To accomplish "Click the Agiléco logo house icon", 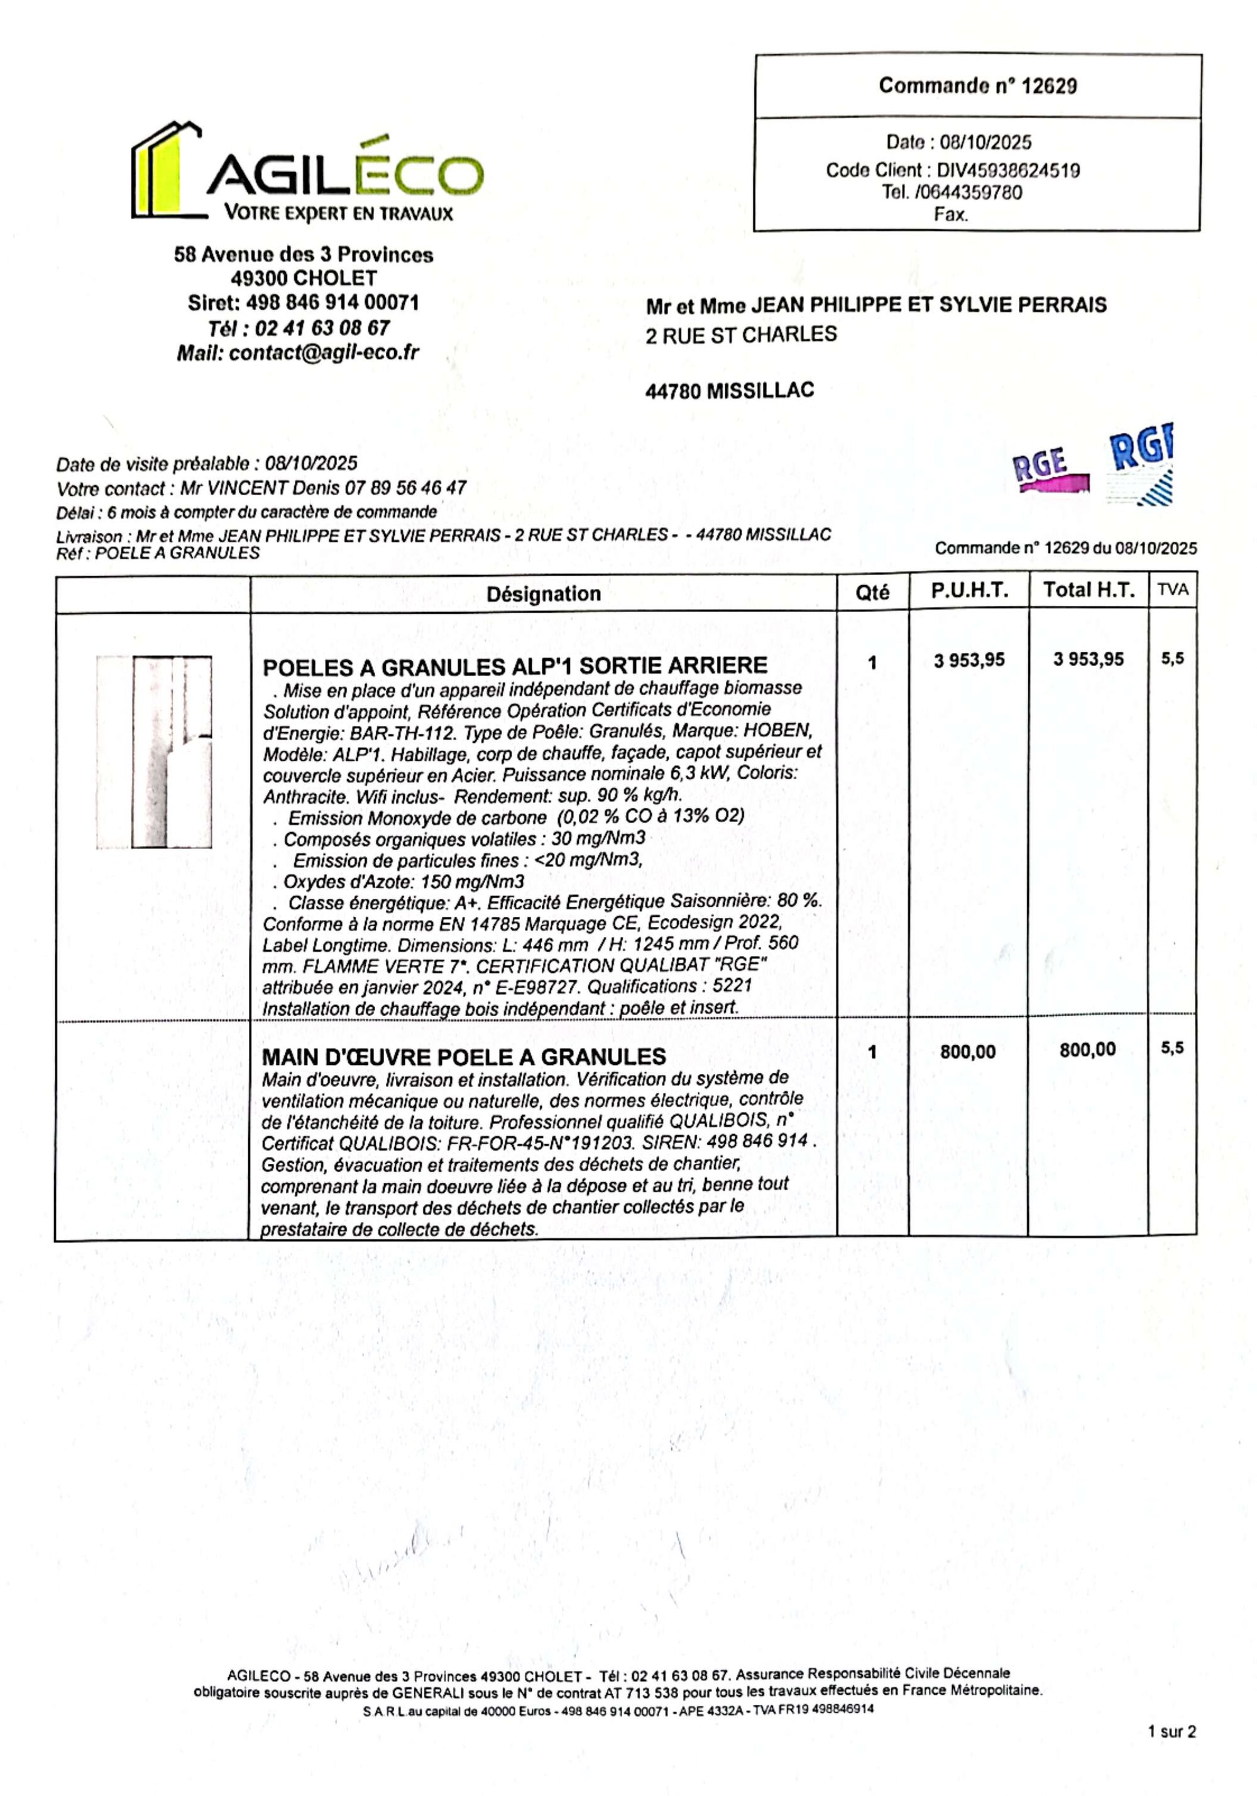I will [166, 170].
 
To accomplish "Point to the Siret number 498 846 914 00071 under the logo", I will [332, 303].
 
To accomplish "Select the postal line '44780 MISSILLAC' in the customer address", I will [729, 390].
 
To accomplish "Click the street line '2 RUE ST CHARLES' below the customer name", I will [741, 335].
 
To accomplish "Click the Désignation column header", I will [543, 594].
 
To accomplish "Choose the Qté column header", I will [872, 593].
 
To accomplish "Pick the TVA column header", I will [1172, 590].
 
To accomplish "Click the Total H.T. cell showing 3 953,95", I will [1087, 659].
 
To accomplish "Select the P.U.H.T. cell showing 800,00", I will [968, 1051].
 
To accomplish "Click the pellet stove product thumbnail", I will [154, 751].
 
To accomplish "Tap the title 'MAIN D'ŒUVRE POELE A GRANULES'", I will [463, 1057].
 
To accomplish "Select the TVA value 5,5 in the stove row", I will [1172, 659].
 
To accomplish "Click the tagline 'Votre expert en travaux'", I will [338, 213].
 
